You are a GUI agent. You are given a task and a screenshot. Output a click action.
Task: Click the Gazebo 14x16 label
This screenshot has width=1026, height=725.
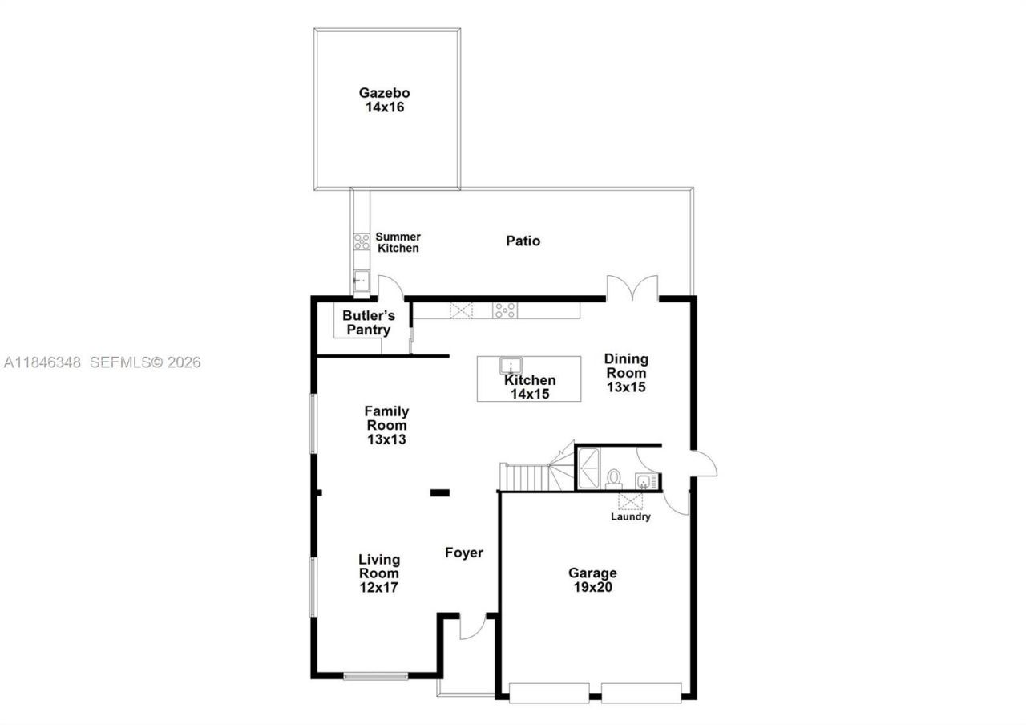(384, 100)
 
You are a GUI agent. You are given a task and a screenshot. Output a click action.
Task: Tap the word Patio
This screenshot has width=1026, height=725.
(523, 241)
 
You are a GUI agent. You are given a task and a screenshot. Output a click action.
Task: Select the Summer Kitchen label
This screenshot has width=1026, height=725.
(398, 242)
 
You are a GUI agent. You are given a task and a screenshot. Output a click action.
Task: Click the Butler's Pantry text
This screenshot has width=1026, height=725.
(369, 322)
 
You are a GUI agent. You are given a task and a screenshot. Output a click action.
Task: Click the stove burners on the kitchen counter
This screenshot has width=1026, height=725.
(504, 310)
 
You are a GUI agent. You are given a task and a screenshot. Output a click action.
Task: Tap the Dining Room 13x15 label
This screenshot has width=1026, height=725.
(626, 373)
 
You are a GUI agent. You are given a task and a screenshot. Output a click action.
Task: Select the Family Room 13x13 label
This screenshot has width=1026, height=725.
(386, 425)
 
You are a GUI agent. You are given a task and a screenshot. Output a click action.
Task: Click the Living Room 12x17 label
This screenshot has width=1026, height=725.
(378, 573)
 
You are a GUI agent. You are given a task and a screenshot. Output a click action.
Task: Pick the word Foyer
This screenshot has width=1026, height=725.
(464, 553)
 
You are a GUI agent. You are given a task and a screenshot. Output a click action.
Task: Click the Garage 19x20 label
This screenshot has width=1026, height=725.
(592, 580)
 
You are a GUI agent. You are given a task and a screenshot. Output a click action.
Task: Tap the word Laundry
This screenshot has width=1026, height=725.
(631, 517)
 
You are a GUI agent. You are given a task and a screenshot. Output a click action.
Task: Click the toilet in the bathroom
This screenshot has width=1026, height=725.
(614, 478)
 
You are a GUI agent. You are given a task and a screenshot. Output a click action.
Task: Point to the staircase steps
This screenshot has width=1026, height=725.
(525, 477)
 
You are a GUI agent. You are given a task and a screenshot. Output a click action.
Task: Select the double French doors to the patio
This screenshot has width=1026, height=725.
(632, 289)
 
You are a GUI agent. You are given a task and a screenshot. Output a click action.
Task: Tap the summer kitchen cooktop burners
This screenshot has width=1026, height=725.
(362, 241)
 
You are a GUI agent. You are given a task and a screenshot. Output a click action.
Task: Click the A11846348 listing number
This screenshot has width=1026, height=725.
(42, 362)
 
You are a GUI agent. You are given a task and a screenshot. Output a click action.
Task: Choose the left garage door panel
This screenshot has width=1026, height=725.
(549, 692)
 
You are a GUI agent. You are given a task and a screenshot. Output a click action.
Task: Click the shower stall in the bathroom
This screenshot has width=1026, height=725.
(589, 468)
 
